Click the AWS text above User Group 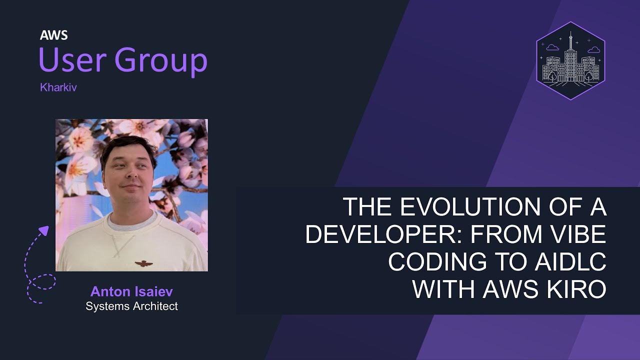click(x=54, y=35)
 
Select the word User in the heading click(x=69, y=60)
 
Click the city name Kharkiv click(x=58, y=87)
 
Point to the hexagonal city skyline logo click(x=570, y=60)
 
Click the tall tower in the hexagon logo click(x=570, y=55)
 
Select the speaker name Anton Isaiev click(x=131, y=291)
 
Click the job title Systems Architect click(x=131, y=306)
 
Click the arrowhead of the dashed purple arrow click(x=44, y=230)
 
